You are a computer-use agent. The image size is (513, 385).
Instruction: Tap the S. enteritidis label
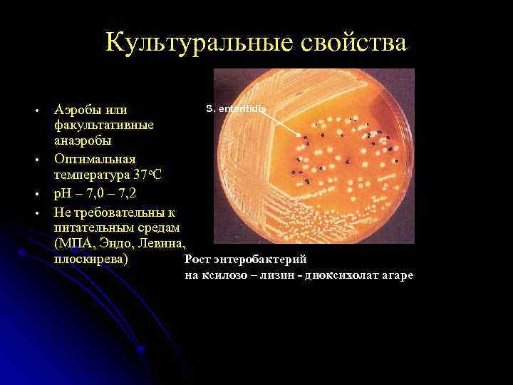(235, 108)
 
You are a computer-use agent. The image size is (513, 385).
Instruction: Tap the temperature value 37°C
(145, 174)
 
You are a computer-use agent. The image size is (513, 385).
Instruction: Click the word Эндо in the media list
(113, 243)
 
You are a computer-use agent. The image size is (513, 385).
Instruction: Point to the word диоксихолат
(340, 275)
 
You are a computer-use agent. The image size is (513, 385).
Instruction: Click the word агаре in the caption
(395, 275)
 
